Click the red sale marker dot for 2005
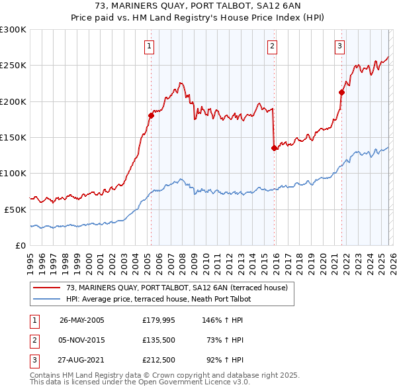point(151,115)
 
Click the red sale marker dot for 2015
point(273,148)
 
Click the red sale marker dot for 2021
point(341,92)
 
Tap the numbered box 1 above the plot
point(150,46)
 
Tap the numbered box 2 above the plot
point(273,46)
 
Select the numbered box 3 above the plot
point(339,46)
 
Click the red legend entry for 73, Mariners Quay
point(177,288)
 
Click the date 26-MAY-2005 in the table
point(81,320)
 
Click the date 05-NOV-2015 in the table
point(81,340)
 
